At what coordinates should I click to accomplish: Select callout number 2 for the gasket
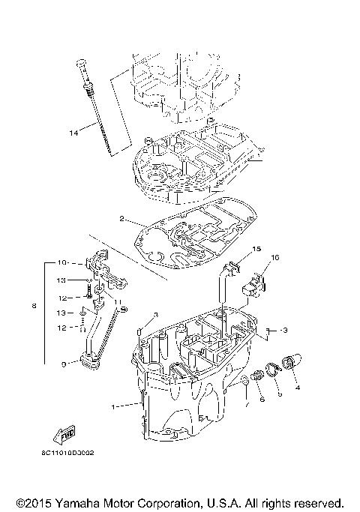121,219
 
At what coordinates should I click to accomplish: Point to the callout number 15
255,248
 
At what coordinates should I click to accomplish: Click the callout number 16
274,257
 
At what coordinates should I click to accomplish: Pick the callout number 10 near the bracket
63,262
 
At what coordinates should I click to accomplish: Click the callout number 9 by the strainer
64,364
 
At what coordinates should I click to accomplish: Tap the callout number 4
297,388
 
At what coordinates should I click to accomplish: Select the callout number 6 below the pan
262,400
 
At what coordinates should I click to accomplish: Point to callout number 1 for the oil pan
113,406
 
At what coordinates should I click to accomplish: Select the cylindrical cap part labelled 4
290,362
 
